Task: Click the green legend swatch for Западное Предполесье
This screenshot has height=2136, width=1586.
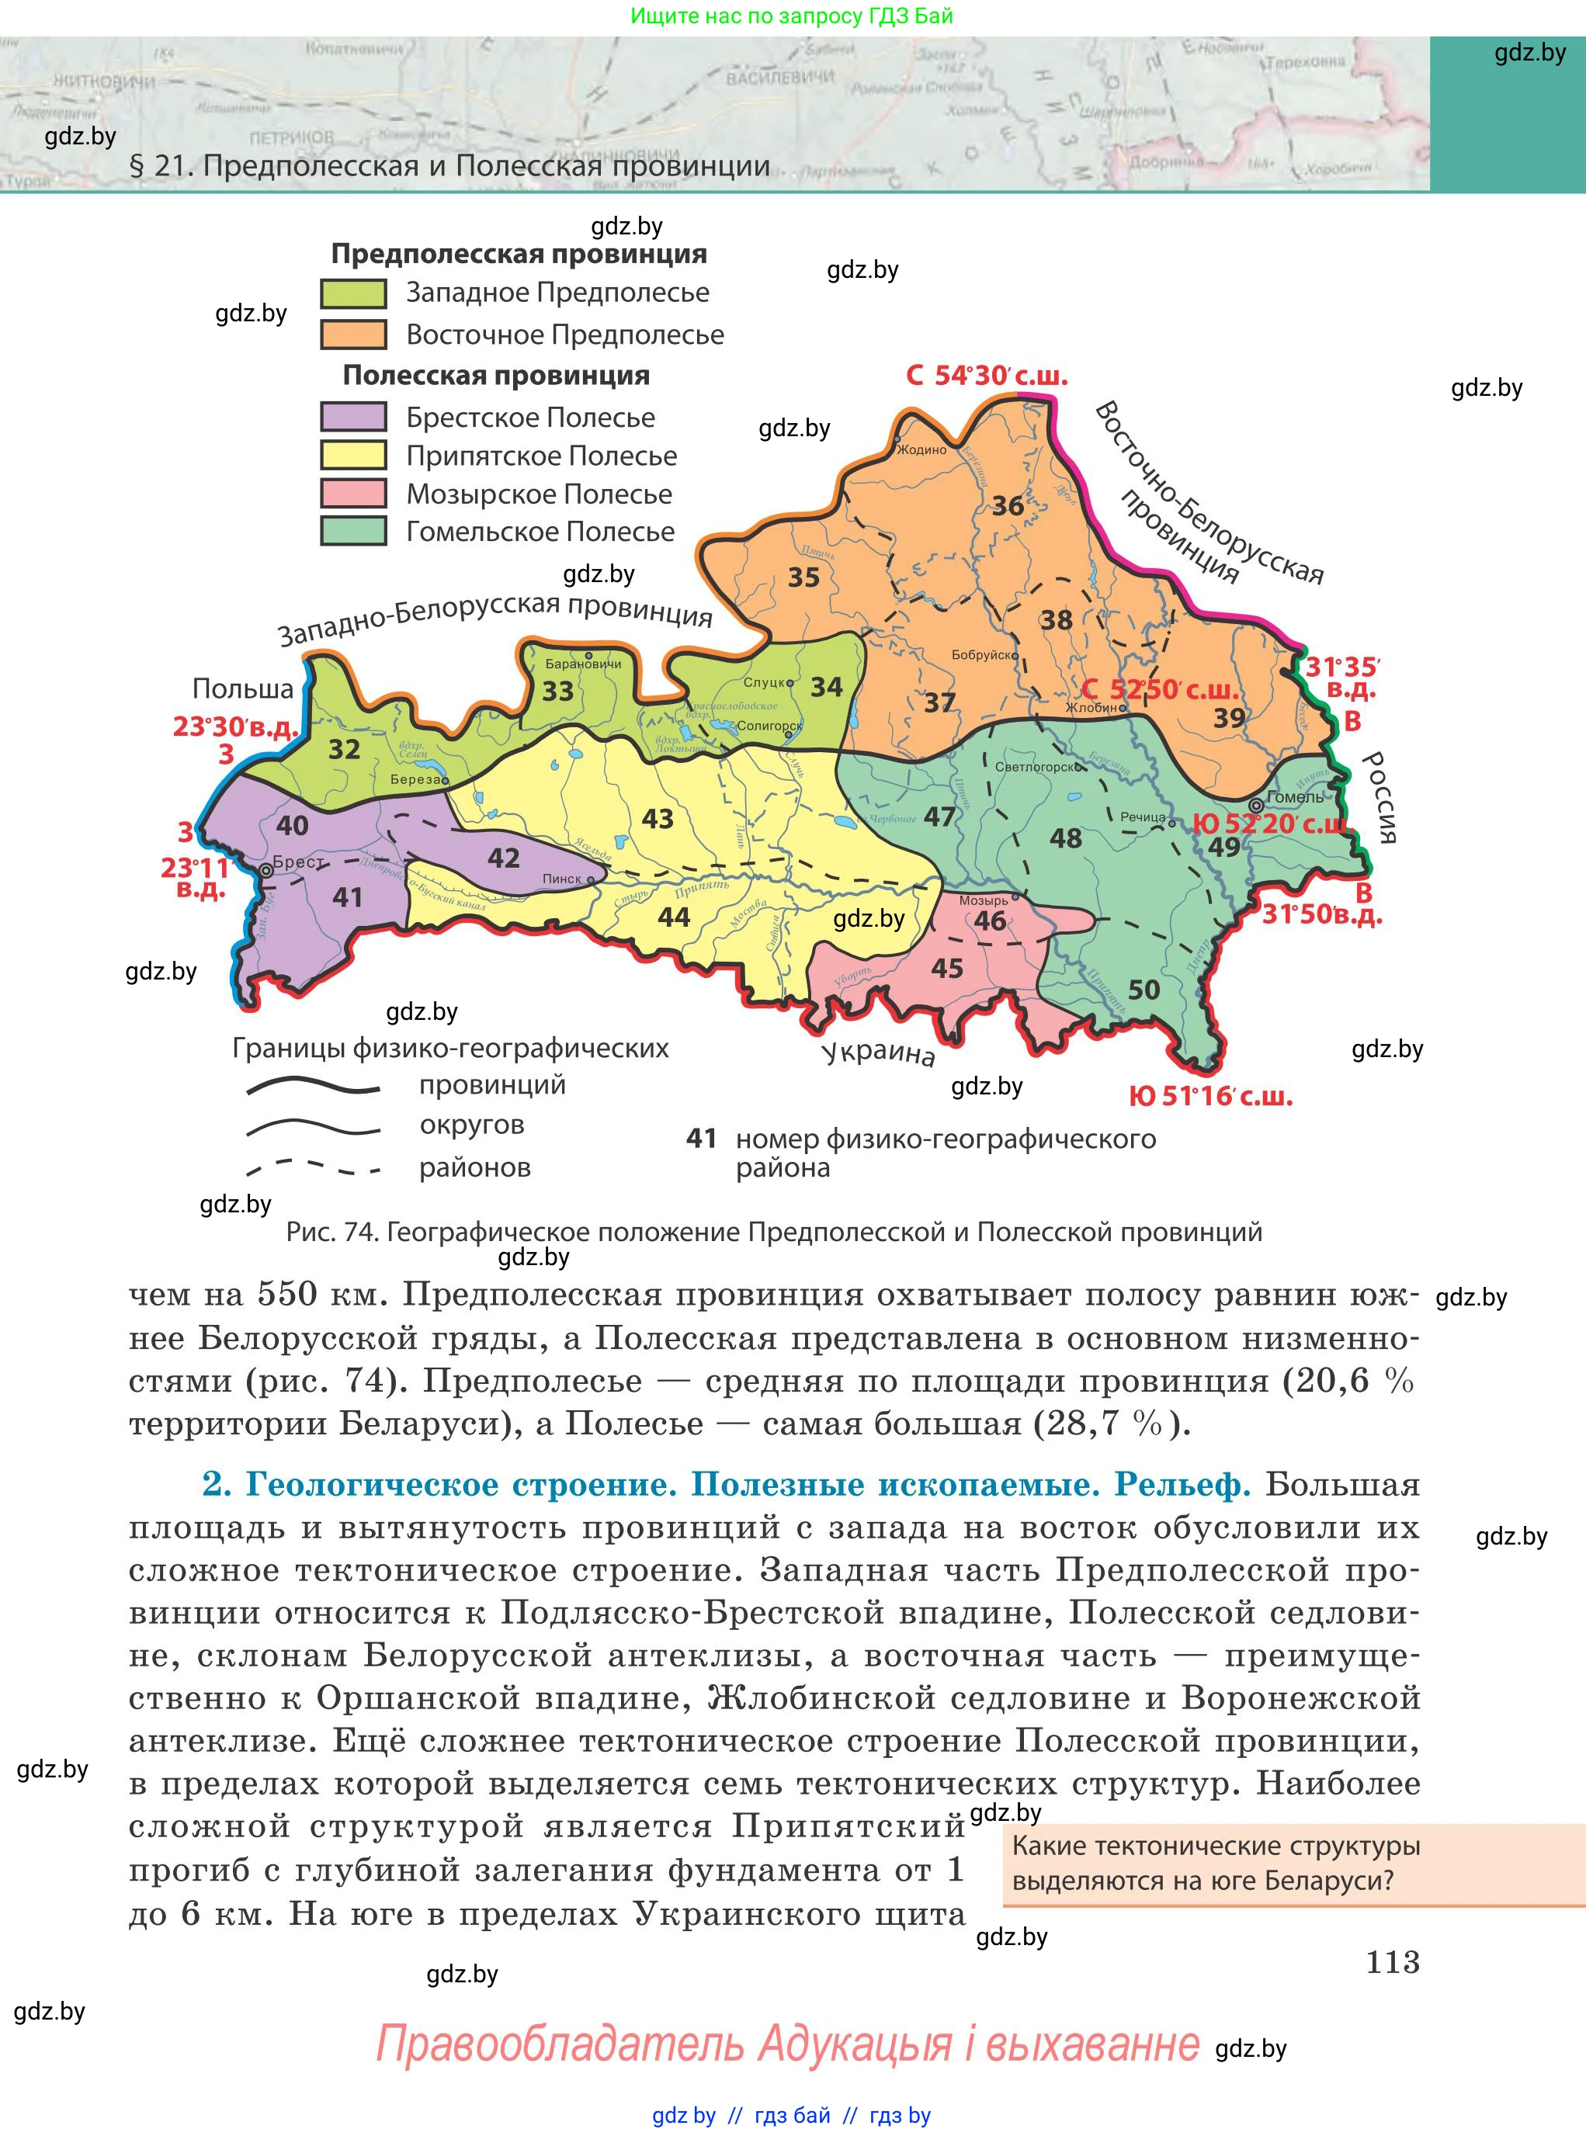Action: point(353,293)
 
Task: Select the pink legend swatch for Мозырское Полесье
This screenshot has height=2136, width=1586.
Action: point(353,494)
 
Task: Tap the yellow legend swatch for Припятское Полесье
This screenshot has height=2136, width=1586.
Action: point(353,455)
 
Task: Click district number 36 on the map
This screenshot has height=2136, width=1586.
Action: point(1007,506)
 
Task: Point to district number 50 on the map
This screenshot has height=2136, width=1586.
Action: point(1144,990)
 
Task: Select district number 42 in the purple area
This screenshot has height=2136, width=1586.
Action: point(503,858)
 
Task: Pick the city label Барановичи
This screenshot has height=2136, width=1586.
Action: point(583,664)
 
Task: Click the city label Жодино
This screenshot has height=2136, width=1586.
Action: point(921,449)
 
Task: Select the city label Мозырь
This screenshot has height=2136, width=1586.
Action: point(983,900)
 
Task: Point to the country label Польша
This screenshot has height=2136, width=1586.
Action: point(243,688)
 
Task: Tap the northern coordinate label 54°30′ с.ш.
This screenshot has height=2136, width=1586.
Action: point(1001,376)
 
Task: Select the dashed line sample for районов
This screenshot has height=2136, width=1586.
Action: point(313,1168)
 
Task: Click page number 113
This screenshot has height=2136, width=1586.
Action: point(1392,1961)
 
